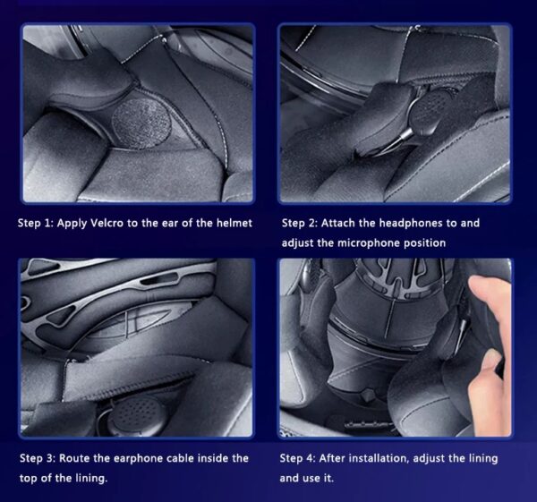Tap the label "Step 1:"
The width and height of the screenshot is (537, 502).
point(36,224)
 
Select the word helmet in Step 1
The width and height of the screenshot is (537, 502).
point(234,224)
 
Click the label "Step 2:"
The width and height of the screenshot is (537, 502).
point(300,224)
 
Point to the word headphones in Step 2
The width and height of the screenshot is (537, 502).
point(411,224)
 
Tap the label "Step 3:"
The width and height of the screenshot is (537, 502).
point(38,458)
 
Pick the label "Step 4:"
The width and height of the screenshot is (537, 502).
point(298,458)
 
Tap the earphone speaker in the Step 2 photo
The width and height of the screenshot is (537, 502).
point(432,110)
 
